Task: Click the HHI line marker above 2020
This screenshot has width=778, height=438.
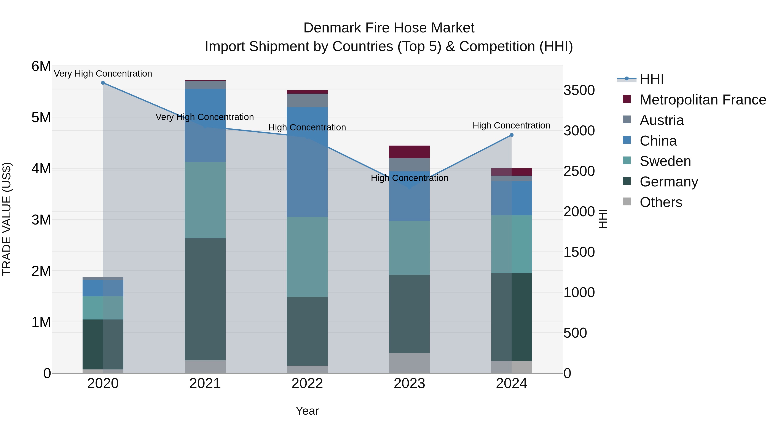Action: pyautogui.click(x=103, y=83)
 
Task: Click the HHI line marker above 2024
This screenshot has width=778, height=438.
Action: pyautogui.click(x=511, y=135)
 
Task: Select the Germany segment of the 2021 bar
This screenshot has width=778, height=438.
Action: pyautogui.click(x=205, y=299)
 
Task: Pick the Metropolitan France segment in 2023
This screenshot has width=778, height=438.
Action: pyautogui.click(x=409, y=152)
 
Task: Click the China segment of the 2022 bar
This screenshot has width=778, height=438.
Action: pyautogui.click(x=307, y=162)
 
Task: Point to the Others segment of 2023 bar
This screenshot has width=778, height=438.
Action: pyautogui.click(x=409, y=363)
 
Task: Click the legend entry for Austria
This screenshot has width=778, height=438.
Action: pyautogui.click(x=662, y=120)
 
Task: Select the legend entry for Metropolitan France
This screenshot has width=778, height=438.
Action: pyautogui.click(x=703, y=100)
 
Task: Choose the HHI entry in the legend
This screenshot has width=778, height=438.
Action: pyautogui.click(x=651, y=79)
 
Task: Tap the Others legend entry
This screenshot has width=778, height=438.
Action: pyautogui.click(x=661, y=202)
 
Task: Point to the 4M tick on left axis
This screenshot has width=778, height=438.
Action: pyautogui.click(x=41, y=169)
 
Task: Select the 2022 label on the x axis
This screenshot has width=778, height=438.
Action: pyautogui.click(x=307, y=383)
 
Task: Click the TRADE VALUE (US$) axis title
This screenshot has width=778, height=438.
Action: pyautogui.click(x=7, y=219)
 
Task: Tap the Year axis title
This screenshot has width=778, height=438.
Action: pyautogui.click(x=307, y=411)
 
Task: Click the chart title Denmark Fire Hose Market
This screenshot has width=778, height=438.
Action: pyautogui.click(x=389, y=28)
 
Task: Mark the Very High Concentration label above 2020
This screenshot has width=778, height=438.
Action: pyautogui.click(x=103, y=74)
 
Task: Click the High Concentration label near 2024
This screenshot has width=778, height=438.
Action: pyautogui.click(x=511, y=125)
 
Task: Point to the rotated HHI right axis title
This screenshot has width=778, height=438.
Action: pyautogui.click(x=603, y=219)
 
